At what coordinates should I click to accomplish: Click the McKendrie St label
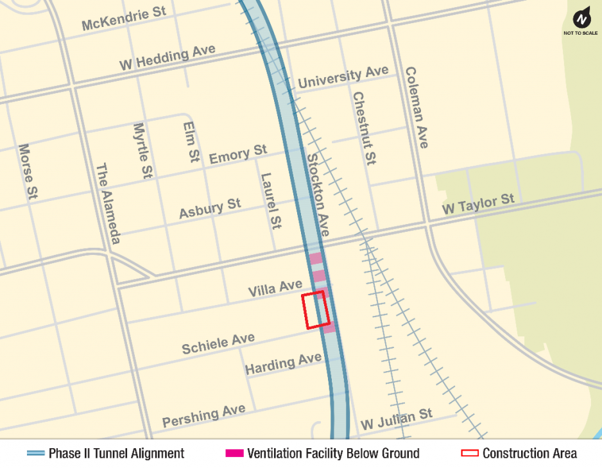[x=124, y=20]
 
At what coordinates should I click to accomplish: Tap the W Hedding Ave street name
[x=167, y=58]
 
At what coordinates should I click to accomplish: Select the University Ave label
[x=343, y=77]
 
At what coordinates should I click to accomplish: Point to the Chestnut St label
[x=363, y=128]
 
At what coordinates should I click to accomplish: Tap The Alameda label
[x=108, y=203]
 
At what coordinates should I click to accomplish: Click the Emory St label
[x=237, y=153]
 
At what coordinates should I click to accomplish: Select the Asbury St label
[x=210, y=208]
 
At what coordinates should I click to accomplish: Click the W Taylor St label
[x=478, y=205]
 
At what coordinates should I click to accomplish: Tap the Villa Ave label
[x=275, y=288]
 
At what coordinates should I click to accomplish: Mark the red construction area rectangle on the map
[x=316, y=309]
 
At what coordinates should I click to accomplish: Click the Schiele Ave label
[x=218, y=343]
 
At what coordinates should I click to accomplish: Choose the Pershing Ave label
[x=203, y=416]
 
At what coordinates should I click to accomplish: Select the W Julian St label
[x=396, y=419]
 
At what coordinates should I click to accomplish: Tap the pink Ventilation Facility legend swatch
[x=234, y=453]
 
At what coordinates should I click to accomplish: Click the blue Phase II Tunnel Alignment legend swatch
[x=35, y=453]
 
